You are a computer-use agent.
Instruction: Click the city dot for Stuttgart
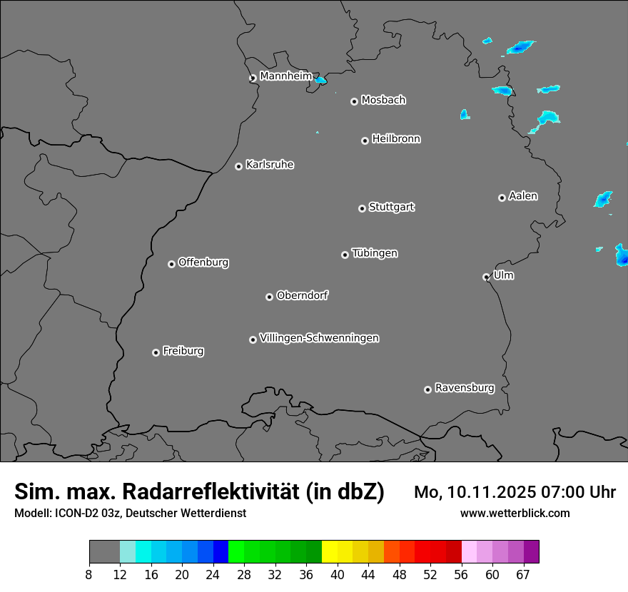click(x=362, y=208)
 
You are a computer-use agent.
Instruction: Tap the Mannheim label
click(x=285, y=76)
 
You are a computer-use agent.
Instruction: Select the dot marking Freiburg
click(x=156, y=352)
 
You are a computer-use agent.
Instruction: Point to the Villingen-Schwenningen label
click(x=319, y=338)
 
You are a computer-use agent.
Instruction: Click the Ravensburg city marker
click(x=427, y=389)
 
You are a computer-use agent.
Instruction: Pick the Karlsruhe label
click(x=270, y=165)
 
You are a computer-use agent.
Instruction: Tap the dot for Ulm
click(x=486, y=277)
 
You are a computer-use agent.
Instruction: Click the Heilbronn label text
click(x=396, y=139)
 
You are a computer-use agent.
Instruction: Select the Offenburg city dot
click(x=171, y=264)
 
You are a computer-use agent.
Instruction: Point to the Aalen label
click(x=523, y=196)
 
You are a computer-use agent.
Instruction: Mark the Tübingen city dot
click(x=345, y=255)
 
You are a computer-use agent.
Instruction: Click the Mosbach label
click(x=383, y=101)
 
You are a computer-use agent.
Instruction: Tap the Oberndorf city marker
click(x=269, y=297)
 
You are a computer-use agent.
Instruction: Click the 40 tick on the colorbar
click(x=337, y=574)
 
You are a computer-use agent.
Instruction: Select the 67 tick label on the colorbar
click(x=523, y=574)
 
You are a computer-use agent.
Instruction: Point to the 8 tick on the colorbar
click(x=89, y=574)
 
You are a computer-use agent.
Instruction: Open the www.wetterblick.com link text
click(x=515, y=513)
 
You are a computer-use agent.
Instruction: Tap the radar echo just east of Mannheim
click(x=320, y=80)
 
